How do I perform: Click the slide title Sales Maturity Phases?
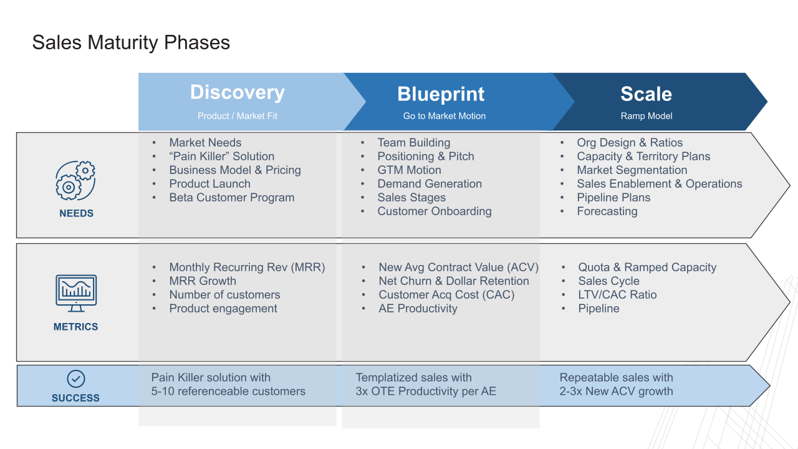point(131,42)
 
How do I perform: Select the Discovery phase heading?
point(237,92)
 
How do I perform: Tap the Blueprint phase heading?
point(441,94)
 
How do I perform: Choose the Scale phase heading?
point(646,94)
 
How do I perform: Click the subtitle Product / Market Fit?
point(237,116)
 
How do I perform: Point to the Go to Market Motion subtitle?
point(444,116)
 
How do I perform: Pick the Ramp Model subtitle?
point(646,116)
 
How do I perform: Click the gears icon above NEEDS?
point(75,180)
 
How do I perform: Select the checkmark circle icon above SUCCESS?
point(75,379)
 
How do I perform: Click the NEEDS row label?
point(76,213)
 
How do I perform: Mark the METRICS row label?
point(75,327)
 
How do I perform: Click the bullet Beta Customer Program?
point(231,198)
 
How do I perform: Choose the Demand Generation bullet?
point(429,184)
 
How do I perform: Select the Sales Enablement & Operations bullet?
point(659,184)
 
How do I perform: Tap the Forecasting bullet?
point(607,211)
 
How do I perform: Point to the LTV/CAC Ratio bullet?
point(617,295)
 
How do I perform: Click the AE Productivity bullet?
point(418,309)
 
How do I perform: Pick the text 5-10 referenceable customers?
point(228,392)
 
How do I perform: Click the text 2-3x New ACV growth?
point(616,392)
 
